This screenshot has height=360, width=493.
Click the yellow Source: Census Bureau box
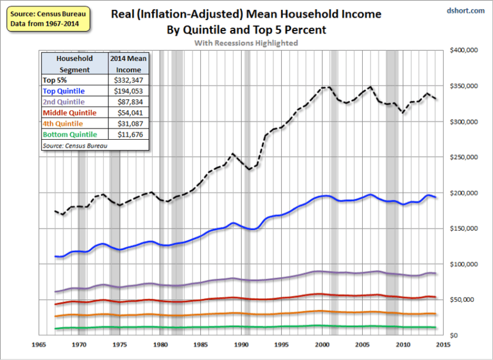pos(48,19)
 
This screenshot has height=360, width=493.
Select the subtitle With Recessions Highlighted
pos(246,43)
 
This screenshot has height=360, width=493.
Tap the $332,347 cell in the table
pos(129,80)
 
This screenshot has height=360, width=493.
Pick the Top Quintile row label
pos(64,91)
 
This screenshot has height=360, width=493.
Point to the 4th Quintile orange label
pos(63,123)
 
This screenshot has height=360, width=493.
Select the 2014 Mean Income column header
pos(129,63)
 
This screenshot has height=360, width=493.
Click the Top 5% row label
pos(54,80)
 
